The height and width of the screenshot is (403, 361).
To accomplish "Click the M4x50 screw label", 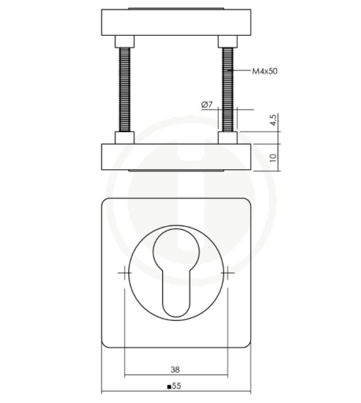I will [264, 71].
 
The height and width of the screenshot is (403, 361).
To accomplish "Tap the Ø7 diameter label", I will [207, 105].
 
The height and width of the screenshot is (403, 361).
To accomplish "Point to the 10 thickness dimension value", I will [273, 157].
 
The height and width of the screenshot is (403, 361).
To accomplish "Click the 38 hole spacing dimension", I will [175, 369].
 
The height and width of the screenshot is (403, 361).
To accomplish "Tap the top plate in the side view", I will [176, 22].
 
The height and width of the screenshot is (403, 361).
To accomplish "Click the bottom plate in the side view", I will [176, 157].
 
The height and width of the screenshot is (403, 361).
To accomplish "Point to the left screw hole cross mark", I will [125, 273].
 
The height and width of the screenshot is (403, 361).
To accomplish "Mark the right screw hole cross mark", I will [227, 273].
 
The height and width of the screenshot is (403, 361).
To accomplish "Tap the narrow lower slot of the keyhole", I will [176, 295].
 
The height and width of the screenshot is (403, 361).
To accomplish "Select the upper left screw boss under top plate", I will [125, 41].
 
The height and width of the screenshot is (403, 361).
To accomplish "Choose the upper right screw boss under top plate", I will [227, 41].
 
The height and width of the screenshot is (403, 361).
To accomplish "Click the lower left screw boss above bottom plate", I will [125, 137].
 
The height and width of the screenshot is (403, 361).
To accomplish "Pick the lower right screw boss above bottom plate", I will [227, 137].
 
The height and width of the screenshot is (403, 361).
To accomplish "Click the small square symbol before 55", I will [169, 387].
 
